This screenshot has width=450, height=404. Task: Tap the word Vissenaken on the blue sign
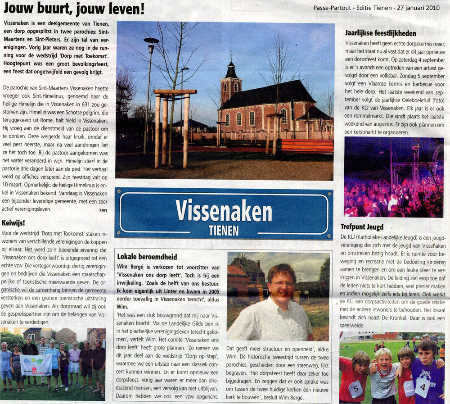[x=224, y=211]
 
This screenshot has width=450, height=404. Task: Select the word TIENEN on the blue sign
[x=224, y=231]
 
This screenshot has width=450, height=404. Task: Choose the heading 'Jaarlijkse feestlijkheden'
[x=380, y=33]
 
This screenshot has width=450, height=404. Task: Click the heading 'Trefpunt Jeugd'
[x=361, y=227]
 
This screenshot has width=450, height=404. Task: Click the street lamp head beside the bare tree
[x=151, y=41]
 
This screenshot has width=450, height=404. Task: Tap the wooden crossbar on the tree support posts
[x=175, y=92]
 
